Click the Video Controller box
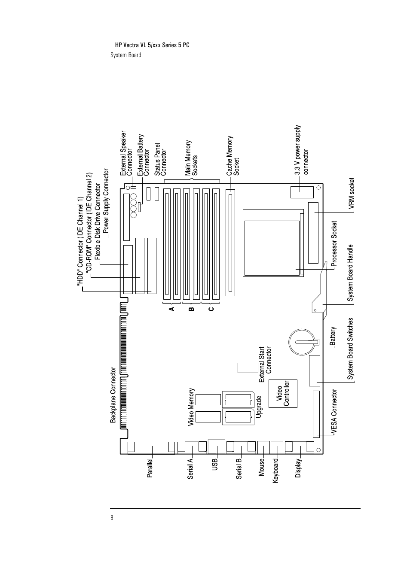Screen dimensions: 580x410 (x=283, y=394)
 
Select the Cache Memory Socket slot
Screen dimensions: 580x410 (x=230, y=243)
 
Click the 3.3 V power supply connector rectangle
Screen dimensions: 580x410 (x=302, y=192)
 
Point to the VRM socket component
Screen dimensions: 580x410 (x=314, y=233)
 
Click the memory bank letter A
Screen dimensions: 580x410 (x=171, y=309)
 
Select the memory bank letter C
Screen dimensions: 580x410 (x=211, y=309)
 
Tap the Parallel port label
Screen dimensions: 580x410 (x=150, y=469)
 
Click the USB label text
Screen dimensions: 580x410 (x=215, y=465)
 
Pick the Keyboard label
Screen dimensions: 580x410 (x=276, y=471)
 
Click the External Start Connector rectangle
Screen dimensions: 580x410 (x=247, y=368)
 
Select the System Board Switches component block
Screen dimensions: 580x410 (x=315, y=370)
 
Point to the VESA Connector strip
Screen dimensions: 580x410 (x=316, y=414)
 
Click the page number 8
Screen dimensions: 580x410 (x=112, y=517)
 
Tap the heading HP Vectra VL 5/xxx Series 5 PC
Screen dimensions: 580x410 (x=152, y=45)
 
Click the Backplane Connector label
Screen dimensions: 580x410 (x=113, y=395)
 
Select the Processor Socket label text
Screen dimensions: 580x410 (x=334, y=244)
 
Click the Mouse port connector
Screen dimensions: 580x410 (x=263, y=447)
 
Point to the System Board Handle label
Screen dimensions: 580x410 (x=350, y=273)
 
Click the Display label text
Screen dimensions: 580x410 (x=298, y=468)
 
